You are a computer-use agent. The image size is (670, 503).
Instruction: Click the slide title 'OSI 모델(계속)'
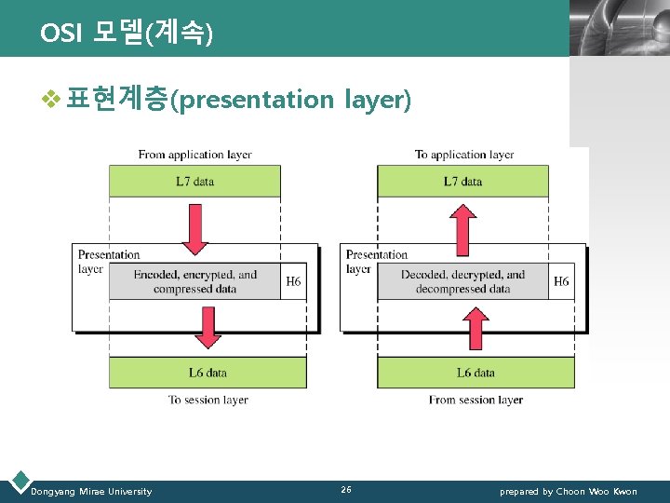pyautogui.click(x=127, y=34)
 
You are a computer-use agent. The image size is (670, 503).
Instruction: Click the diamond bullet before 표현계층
pyautogui.click(x=38, y=99)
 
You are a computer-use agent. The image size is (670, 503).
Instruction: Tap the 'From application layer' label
pyautogui.click(x=194, y=155)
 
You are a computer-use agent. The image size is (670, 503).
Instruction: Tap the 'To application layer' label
pyautogui.click(x=464, y=155)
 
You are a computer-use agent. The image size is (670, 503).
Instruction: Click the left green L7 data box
pyautogui.click(x=194, y=181)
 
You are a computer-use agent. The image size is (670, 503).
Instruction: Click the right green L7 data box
pyautogui.click(x=462, y=181)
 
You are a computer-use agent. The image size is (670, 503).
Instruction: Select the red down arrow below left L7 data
pyautogui.click(x=194, y=229)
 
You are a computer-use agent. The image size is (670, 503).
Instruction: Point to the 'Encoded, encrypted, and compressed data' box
pyautogui.click(x=194, y=281)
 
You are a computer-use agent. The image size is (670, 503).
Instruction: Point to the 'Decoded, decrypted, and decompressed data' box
pyautogui.click(x=462, y=281)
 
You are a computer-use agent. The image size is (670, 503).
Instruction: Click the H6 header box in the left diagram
pyautogui.click(x=293, y=281)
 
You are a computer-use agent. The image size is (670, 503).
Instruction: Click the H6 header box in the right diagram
pyautogui.click(x=561, y=281)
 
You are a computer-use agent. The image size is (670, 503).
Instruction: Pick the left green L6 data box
pyautogui.click(x=208, y=373)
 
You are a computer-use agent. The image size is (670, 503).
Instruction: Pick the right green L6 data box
pyautogui.click(x=476, y=373)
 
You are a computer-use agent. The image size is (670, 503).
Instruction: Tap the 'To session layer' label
pyautogui.click(x=208, y=400)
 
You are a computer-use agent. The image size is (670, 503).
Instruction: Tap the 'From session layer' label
pyautogui.click(x=476, y=400)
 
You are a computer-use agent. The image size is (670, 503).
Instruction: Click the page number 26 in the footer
pyautogui.click(x=346, y=490)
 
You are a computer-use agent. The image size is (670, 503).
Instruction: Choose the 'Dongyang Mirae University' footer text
pyautogui.click(x=91, y=491)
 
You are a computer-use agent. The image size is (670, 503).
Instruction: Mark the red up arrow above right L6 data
pyautogui.click(x=476, y=328)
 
